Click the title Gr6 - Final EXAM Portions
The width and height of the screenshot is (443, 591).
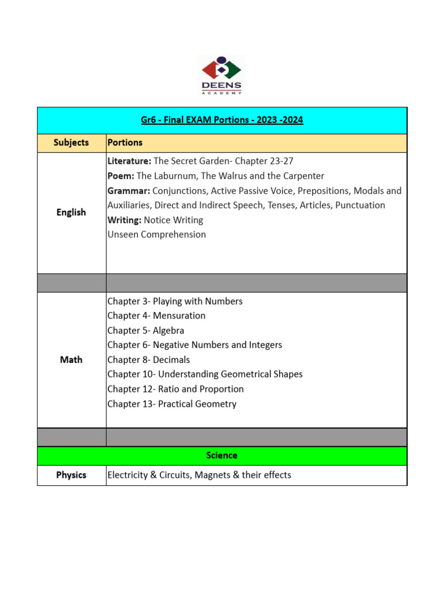coord(222,120)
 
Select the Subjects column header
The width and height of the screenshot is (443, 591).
coord(72,143)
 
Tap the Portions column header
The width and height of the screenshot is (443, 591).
coord(125,143)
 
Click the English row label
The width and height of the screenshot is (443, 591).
coord(72,212)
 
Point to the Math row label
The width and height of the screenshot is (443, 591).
coord(72,360)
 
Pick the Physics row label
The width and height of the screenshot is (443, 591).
coord(72,475)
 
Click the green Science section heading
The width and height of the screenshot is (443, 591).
coord(222,455)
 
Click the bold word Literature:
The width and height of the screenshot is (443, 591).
coord(129,161)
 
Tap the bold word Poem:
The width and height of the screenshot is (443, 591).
coord(121,176)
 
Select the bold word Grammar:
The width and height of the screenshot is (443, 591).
coord(129,190)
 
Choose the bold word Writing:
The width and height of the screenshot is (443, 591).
coord(124,220)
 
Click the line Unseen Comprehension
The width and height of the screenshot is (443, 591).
coord(156,234)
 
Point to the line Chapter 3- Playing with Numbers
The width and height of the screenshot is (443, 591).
coord(175,301)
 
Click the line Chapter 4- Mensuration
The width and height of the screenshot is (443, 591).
coord(156,316)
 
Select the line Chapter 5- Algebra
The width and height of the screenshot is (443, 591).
coord(146,331)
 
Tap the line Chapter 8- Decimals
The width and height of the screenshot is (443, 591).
coord(148,360)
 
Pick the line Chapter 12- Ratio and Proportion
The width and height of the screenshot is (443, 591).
coord(175,389)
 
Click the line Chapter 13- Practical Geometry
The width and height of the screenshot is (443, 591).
coord(172,404)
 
